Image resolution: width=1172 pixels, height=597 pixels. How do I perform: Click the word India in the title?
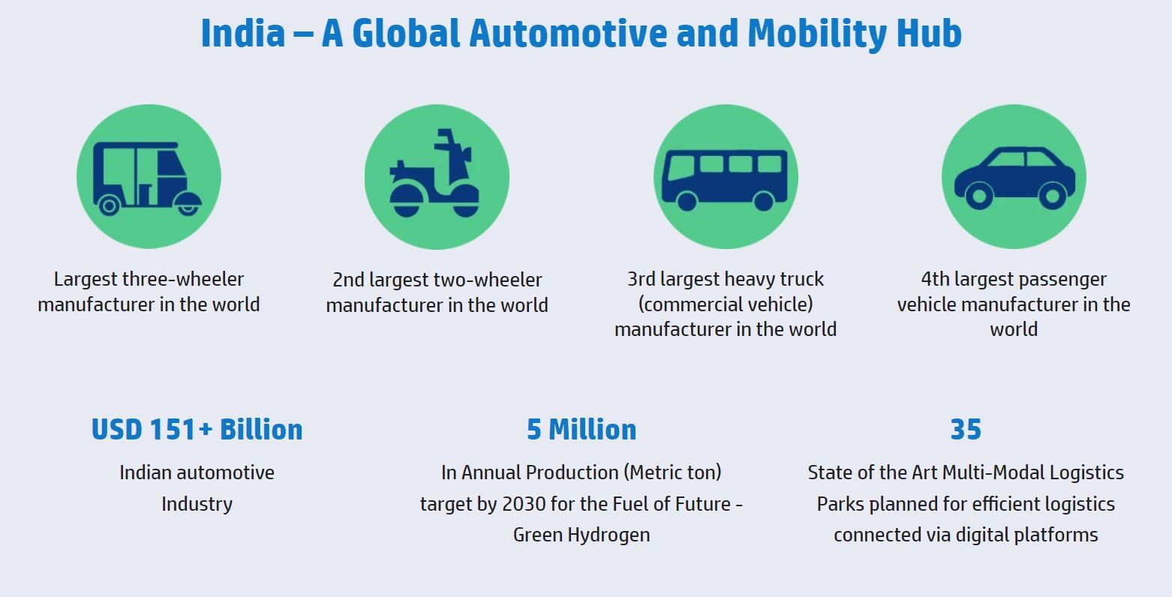click(243, 33)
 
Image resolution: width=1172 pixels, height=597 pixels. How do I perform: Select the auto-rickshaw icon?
click(148, 178)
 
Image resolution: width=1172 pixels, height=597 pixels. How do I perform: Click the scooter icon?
click(434, 173)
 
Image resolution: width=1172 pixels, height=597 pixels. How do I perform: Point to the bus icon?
click(725, 180)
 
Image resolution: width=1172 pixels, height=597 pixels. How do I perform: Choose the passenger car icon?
click(1014, 178)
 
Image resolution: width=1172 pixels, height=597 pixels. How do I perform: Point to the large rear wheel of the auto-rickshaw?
click(110, 205)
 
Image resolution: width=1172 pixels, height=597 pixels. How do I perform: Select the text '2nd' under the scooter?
click(348, 280)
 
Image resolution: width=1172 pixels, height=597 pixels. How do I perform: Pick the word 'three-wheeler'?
click(182, 279)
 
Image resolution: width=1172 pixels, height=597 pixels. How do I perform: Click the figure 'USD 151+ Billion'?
click(197, 430)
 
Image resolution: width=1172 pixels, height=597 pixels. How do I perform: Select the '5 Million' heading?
click(581, 430)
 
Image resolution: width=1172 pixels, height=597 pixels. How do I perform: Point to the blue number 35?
click(966, 430)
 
